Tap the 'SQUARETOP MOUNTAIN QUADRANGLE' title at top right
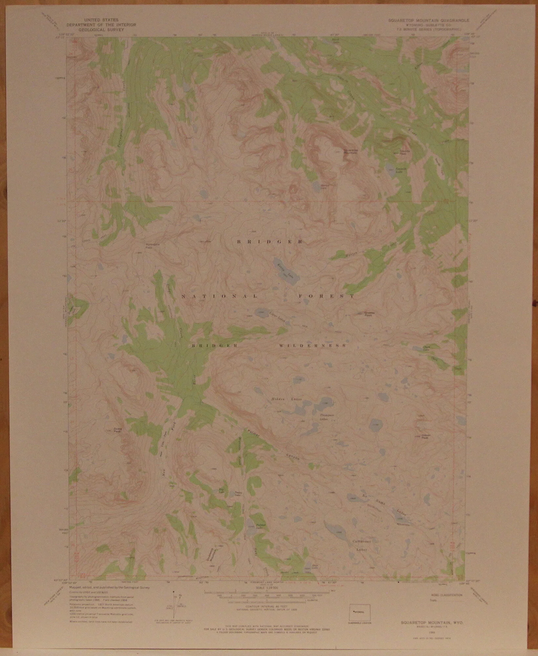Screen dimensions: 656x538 428,20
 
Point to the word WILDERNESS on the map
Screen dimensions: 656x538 313,346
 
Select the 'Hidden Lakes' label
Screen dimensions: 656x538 286,400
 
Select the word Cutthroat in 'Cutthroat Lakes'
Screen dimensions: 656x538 362,541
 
